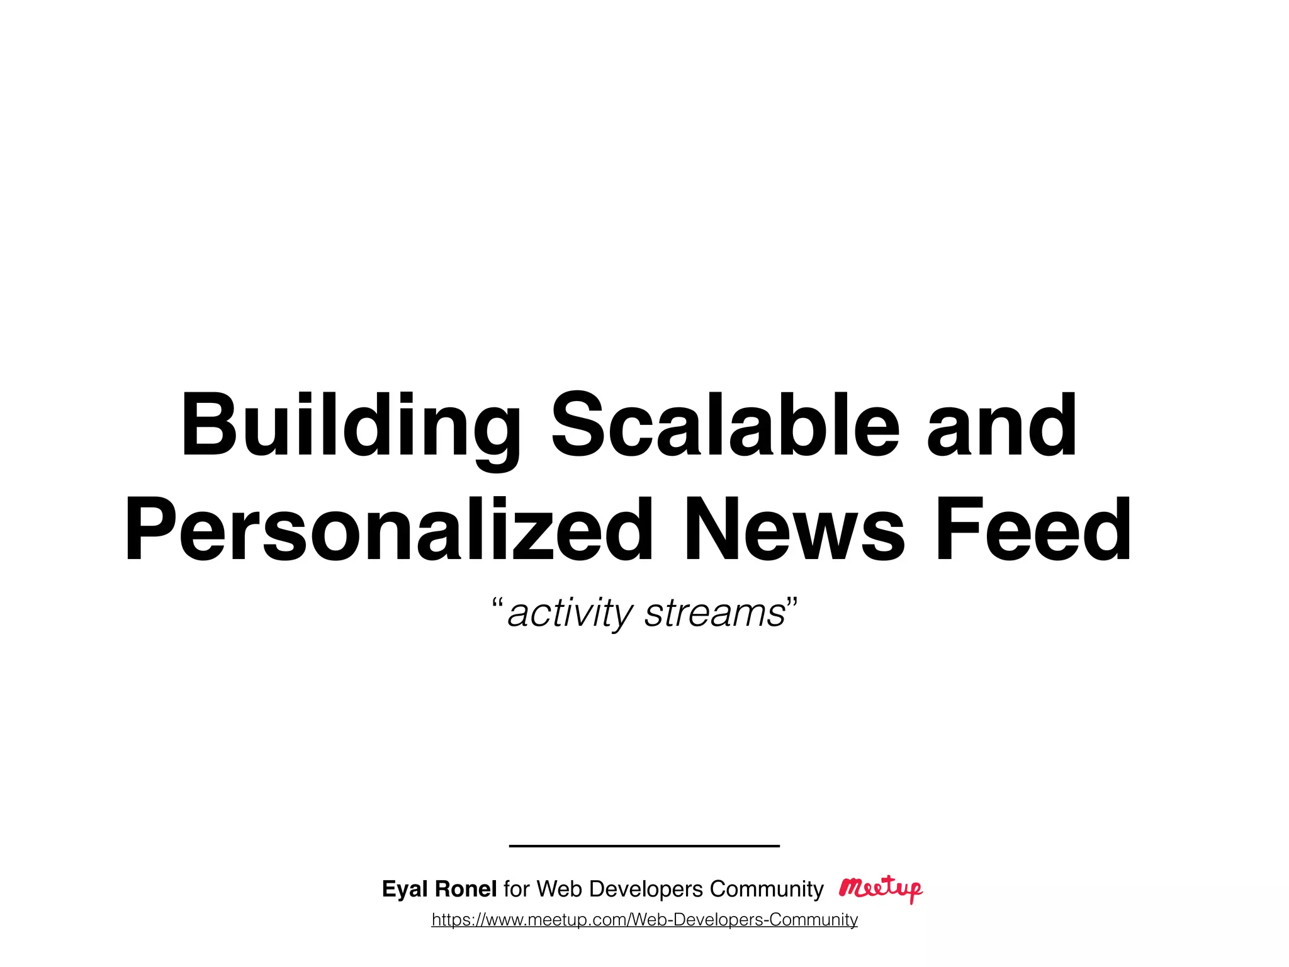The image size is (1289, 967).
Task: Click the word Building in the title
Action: [x=350, y=427]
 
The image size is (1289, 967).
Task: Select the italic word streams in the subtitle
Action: [x=715, y=613]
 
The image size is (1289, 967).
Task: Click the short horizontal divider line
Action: [x=644, y=845]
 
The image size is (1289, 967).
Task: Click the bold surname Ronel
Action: [x=466, y=888]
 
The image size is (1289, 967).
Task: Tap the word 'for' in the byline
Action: [x=517, y=888]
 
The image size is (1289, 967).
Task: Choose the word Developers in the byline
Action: [x=646, y=889]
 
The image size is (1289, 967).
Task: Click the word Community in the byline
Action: [x=766, y=889]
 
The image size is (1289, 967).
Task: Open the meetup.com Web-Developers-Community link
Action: [x=644, y=920]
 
